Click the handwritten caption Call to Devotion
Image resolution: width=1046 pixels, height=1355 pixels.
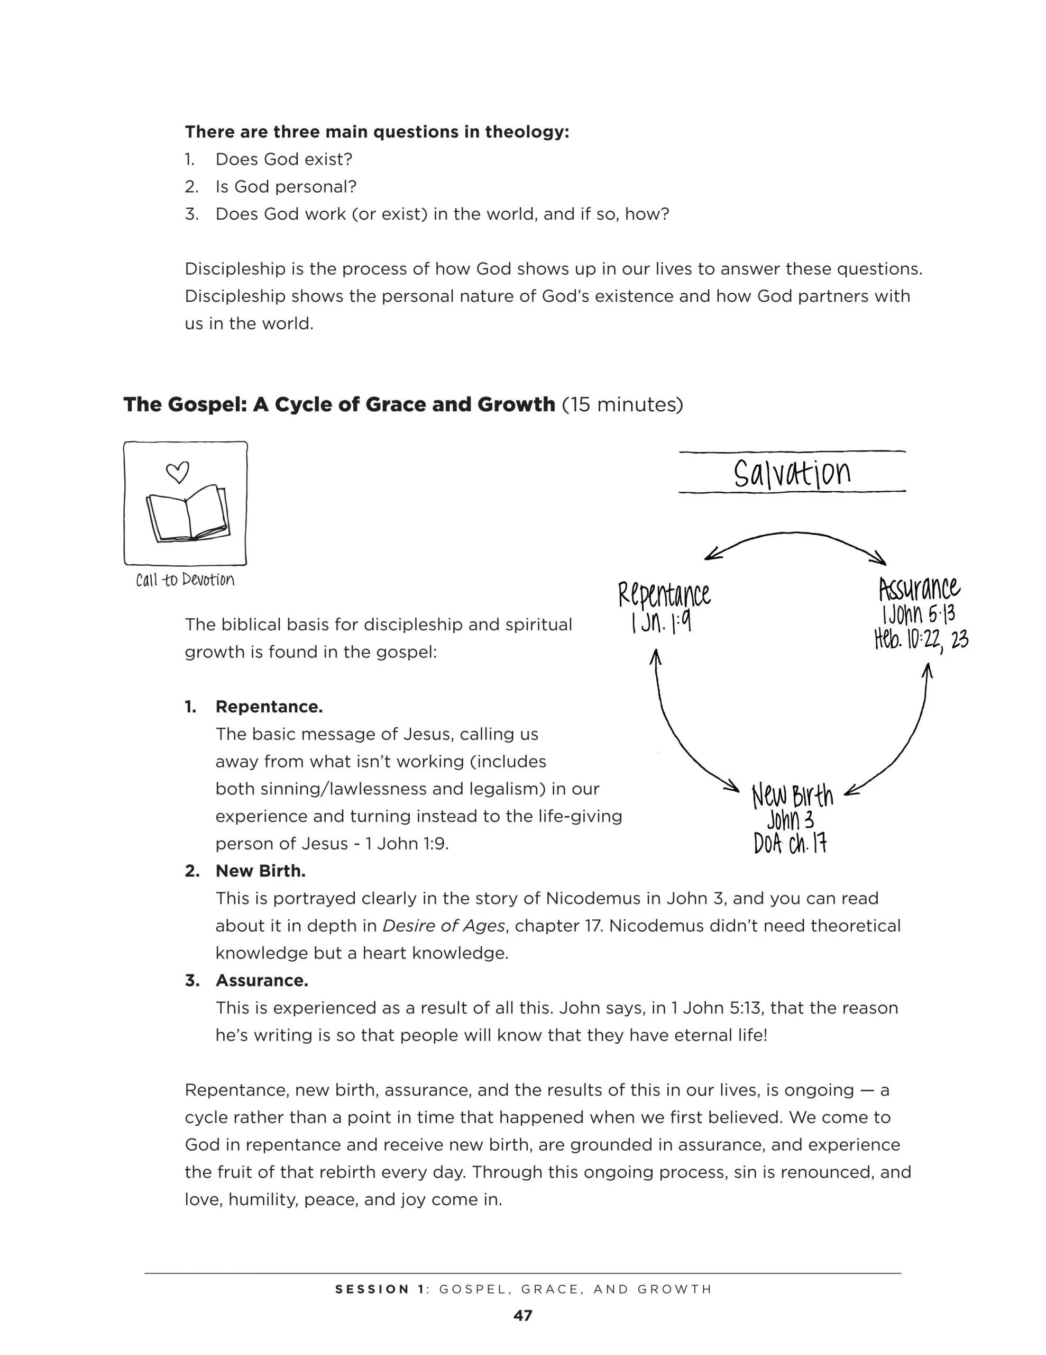tap(185, 580)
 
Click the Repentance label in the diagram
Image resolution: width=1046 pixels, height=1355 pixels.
tap(664, 595)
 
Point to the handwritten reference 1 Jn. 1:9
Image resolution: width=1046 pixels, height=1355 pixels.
tap(661, 622)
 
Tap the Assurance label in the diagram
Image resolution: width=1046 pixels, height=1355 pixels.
tap(919, 588)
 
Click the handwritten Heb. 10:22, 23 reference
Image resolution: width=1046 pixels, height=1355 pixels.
tap(921, 639)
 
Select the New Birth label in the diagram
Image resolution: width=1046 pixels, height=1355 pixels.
tap(792, 796)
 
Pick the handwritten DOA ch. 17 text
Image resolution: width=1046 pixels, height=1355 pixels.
tap(790, 844)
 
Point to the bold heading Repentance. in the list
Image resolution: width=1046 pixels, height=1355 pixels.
tap(269, 707)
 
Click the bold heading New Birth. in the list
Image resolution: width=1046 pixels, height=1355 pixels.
tap(260, 871)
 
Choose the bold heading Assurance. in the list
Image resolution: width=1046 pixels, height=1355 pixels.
tap(262, 980)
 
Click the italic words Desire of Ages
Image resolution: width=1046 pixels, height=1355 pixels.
tap(443, 926)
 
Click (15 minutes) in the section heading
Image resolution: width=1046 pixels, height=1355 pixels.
tap(622, 404)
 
